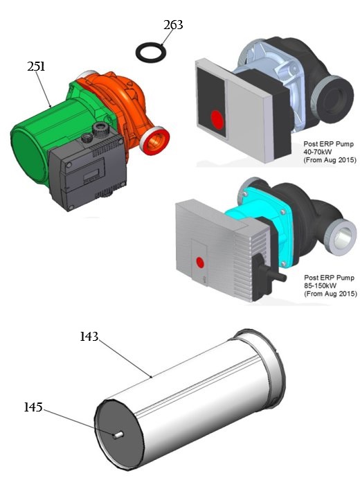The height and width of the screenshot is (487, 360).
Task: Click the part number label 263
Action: click(173, 25)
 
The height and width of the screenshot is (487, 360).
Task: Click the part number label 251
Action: click(37, 67)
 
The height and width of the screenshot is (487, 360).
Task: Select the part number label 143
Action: click(89, 337)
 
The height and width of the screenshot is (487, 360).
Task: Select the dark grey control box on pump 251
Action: click(80, 173)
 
